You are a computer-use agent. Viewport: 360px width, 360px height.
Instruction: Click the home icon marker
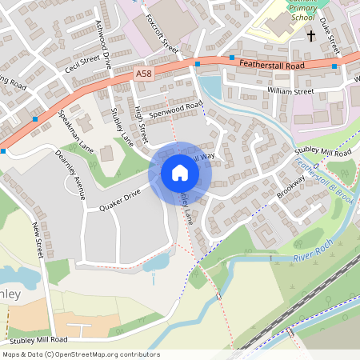click(180, 173)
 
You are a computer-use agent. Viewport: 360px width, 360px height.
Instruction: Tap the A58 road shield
click(144, 74)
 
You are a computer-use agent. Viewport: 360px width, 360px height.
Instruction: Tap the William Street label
click(290, 91)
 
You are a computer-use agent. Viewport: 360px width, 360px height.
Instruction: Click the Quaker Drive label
click(119, 200)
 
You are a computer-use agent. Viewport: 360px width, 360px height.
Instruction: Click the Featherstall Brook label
click(324, 182)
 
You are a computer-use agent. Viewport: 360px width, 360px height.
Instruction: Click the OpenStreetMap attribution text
click(80, 354)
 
